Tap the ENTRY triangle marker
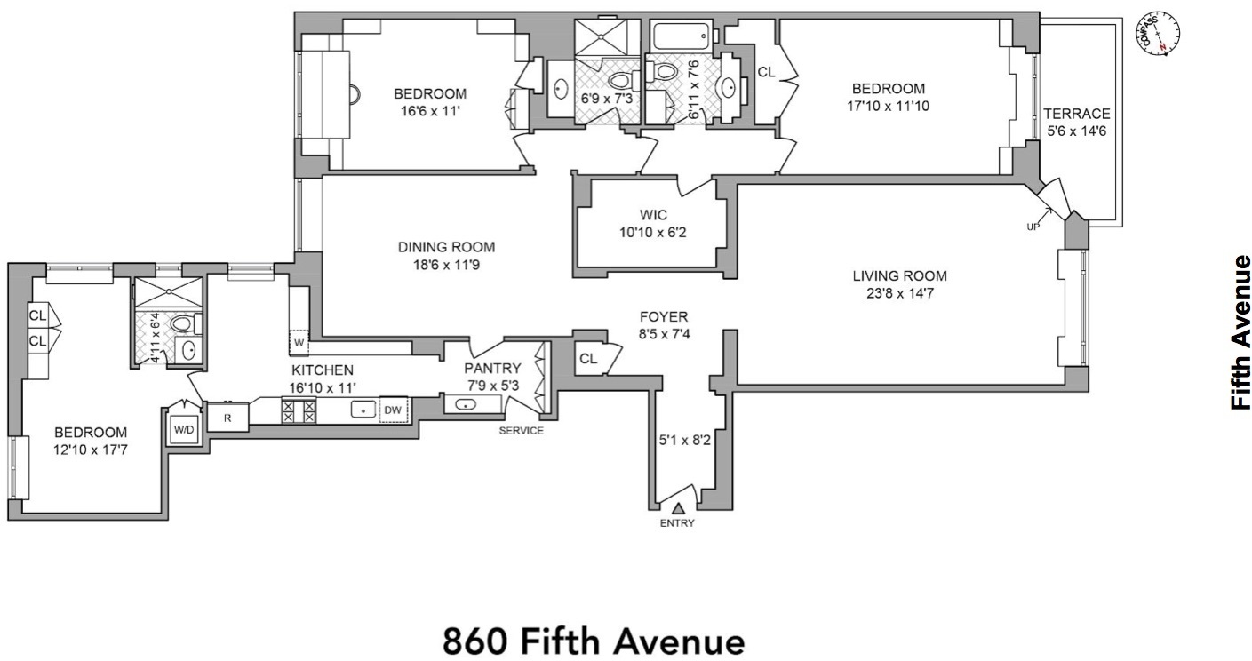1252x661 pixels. pos(678,508)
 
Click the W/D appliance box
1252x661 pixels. pos(184,429)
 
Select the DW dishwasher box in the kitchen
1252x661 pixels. pos(393,410)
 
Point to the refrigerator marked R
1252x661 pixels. pos(227,416)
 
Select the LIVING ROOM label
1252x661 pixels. pos(899,283)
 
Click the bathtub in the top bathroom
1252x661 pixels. pos(682,37)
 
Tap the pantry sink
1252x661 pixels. pos(467,404)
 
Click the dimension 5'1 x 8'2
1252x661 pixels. pos(684,439)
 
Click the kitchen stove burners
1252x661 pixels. pos(299,410)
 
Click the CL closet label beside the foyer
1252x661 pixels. pos(587,358)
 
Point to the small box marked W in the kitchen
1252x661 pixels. pos(299,341)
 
